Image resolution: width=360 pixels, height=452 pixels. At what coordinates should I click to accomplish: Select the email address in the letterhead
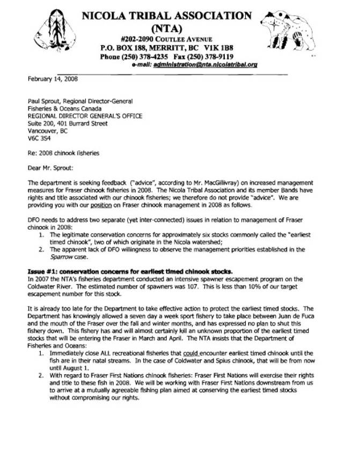click(x=213, y=63)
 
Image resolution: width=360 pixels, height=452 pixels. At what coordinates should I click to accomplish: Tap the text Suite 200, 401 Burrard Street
click(x=65, y=123)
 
